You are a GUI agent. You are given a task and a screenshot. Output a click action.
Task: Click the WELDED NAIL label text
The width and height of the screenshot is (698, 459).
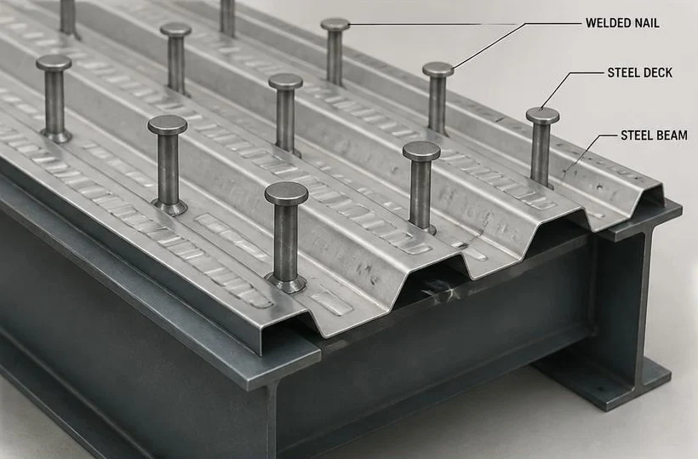tap(622, 23)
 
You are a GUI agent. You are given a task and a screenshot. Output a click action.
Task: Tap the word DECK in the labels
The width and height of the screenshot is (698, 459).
tap(656, 72)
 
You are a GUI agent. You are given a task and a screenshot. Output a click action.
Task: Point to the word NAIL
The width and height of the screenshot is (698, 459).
tap(645, 23)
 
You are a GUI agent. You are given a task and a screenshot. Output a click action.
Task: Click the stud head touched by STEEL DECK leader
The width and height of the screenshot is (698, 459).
tap(542, 116)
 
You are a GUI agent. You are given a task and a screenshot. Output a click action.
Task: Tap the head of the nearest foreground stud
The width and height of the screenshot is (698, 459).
tap(286, 193)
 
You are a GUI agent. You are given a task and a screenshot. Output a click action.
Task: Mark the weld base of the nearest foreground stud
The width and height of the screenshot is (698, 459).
tap(286, 284)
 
